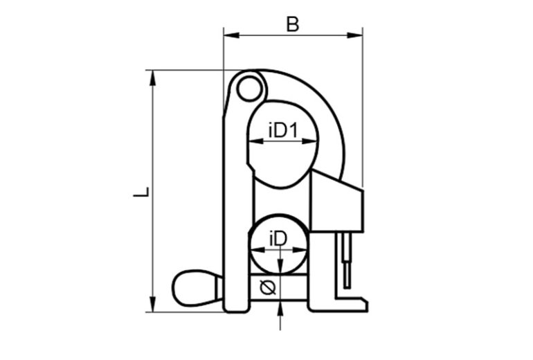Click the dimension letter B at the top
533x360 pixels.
(293, 24)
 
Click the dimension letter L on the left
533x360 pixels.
(141, 191)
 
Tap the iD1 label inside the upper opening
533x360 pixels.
(282, 130)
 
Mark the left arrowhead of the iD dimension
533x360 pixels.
(254, 250)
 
